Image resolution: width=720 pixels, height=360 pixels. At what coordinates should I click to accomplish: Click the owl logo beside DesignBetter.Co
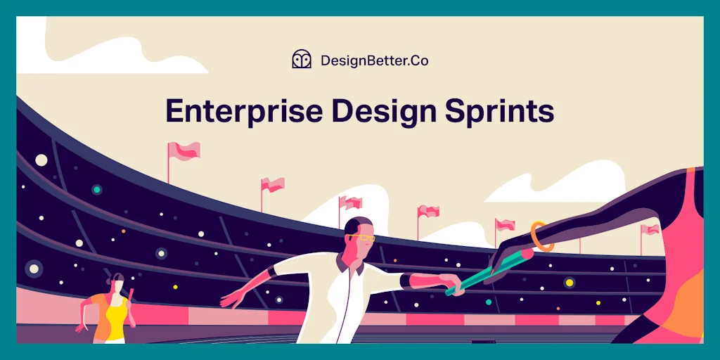pos(302,60)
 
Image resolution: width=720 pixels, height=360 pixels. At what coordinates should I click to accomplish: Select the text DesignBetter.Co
pos(374,60)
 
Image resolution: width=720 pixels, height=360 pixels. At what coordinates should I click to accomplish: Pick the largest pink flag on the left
pos(184,150)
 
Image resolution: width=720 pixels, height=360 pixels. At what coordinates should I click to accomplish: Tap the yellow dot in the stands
pos(570,283)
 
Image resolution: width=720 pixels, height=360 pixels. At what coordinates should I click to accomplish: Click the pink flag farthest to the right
pos(650,229)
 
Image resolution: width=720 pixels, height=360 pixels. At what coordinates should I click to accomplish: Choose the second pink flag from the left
pos(273,184)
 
